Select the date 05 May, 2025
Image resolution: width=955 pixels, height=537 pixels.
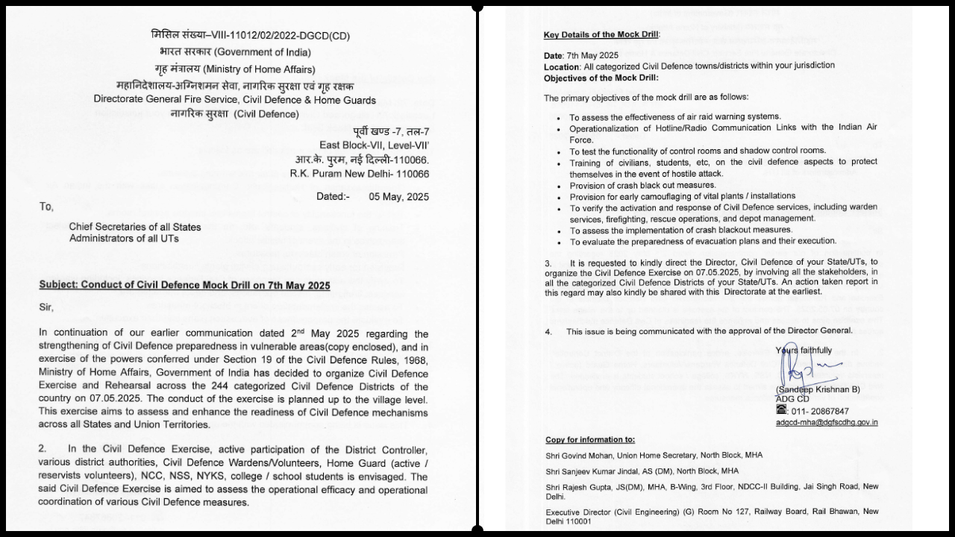pyautogui.click(x=399, y=197)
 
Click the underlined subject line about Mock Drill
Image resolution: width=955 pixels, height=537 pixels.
pyautogui.click(x=184, y=286)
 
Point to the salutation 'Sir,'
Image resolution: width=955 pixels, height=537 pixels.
pyautogui.click(x=47, y=307)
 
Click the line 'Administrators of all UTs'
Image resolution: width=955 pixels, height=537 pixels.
pyautogui.click(x=124, y=239)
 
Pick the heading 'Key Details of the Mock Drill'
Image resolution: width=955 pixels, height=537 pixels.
pyautogui.click(x=601, y=35)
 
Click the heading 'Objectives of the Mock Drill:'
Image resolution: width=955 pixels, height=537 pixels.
pyautogui.click(x=601, y=78)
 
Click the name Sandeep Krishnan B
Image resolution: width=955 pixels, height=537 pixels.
pyautogui.click(x=818, y=389)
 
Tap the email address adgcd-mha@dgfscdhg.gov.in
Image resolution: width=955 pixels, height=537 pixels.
pyautogui.click(x=826, y=422)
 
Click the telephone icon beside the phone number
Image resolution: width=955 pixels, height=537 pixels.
pyautogui.click(x=781, y=410)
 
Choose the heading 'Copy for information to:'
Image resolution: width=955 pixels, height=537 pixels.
pyautogui.click(x=590, y=440)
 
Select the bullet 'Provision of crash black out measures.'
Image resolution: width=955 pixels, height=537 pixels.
pyautogui.click(x=632, y=185)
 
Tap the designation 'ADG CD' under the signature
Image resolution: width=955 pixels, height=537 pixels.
pyautogui.click(x=792, y=399)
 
